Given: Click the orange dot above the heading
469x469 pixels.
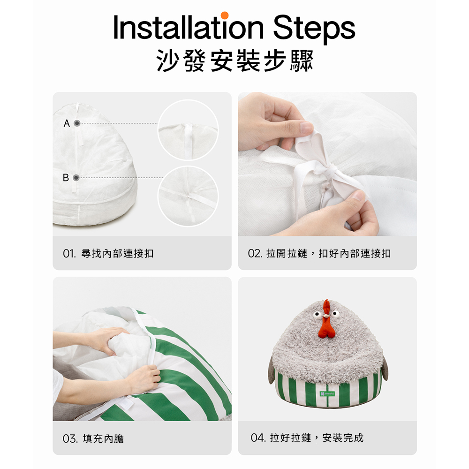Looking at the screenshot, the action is pos(224,15).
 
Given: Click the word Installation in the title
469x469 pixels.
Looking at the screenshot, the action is pos(189,27).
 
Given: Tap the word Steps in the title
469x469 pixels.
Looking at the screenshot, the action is pos(314,29).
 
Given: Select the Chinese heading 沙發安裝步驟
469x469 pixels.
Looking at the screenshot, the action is pos(235,61).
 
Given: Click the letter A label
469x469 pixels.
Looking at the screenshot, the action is pos(67,123).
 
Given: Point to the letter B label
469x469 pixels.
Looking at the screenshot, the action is pos(66,178).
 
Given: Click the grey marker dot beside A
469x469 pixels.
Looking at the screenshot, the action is pos(77,123).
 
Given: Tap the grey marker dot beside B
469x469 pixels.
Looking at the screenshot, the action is pos(76,178).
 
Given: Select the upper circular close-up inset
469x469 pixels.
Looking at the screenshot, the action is pos(188,130).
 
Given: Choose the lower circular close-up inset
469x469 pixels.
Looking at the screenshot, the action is pos(188,197).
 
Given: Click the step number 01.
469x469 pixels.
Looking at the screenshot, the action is pos(69,254).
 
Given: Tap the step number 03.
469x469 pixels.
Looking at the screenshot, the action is pos(70,439).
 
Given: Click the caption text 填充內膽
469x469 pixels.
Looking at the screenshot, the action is pos(103,439).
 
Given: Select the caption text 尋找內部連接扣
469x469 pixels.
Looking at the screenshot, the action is pos(118,254).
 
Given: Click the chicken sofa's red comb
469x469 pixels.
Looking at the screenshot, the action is pos(326,308).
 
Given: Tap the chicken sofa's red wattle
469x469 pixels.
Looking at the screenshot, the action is pos(326,327).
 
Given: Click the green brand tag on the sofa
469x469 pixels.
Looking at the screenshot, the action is pos(327,393).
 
